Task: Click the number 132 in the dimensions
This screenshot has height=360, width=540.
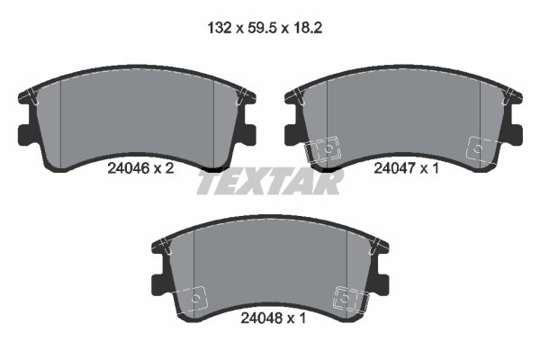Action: click(x=219, y=28)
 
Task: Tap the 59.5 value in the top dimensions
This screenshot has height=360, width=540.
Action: click(x=262, y=28)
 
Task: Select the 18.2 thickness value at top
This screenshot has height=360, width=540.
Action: click(x=308, y=28)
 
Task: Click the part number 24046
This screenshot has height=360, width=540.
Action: click(x=128, y=168)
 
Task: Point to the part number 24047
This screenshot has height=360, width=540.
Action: click(x=394, y=168)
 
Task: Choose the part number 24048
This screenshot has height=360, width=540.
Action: click(x=261, y=319)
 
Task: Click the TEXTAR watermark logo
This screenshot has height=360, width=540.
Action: click(x=270, y=181)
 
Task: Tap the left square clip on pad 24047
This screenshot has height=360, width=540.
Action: click(x=323, y=148)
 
